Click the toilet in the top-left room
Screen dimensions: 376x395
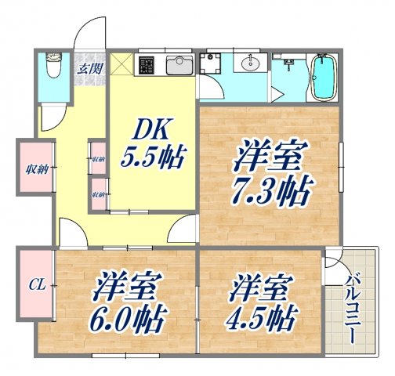[53, 67]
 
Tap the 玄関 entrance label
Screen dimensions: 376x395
[87, 69]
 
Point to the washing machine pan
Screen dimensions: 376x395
[213, 64]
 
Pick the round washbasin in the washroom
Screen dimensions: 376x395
[252, 63]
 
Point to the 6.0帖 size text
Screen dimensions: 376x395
[119, 317]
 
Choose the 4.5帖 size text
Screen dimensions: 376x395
[261, 317]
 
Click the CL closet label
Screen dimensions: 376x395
[35, 284]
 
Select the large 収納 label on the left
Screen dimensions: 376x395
[34, 166]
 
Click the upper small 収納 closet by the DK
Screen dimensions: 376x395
[98, 159]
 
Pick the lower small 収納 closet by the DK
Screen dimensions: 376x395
[98, 193]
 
